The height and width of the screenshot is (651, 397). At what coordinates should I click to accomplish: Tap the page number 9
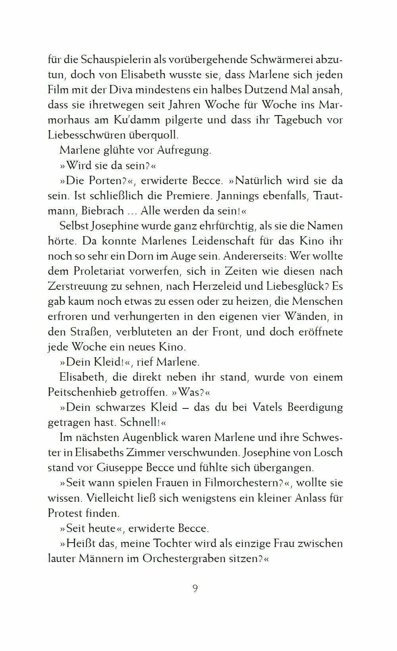pyautogui.click(x=195, y=588)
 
